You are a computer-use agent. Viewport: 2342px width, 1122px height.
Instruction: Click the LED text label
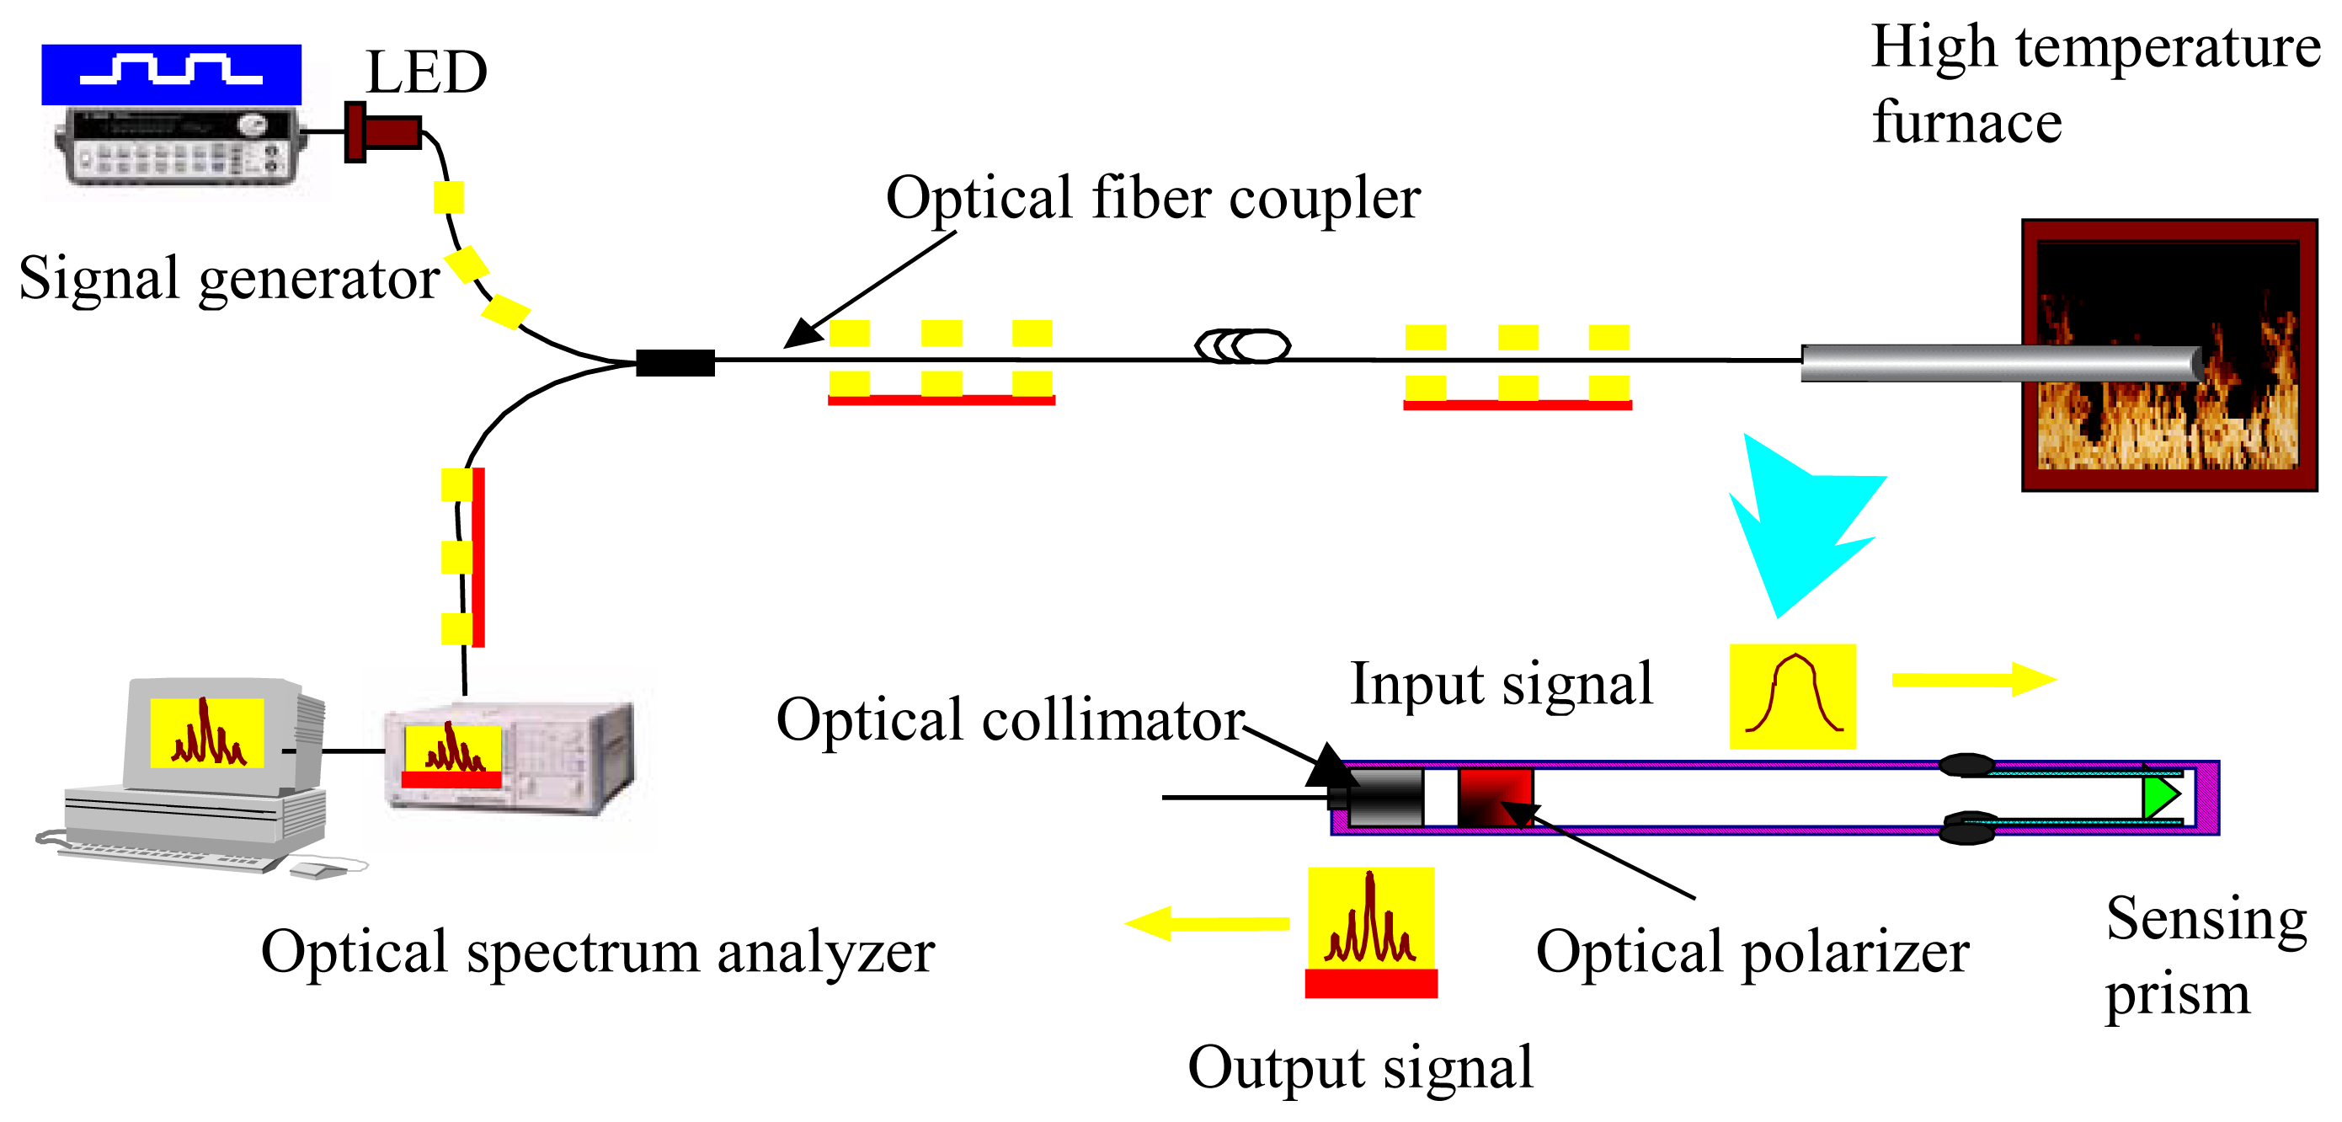pyautogui.click(x=425, y=72)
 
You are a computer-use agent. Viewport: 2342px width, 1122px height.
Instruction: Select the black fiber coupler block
pyautogui.click(x=675, y=363)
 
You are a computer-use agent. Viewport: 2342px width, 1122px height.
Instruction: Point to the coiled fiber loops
pyautogui.click(x=1242, y=345)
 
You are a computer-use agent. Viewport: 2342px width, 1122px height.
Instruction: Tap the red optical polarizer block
pyautogui.click(x=1495, y=797)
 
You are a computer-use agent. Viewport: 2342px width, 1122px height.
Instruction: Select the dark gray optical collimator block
pyautogui.click(x=1384, y=797)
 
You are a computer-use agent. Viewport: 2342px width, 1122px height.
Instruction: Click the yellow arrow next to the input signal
pyautogui.click(x=1973, y=679)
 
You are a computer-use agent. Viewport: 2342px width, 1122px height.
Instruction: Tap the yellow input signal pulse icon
pyautogui.click(x=1792, y=697)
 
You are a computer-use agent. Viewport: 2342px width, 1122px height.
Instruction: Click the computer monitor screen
pyautogui.click(x=206, y=733)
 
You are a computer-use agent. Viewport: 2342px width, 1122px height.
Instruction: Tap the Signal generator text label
pyautogui.click(x=229, y=278)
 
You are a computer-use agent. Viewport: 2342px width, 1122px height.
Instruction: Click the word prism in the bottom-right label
pyautogui.click(x=2178, y=995)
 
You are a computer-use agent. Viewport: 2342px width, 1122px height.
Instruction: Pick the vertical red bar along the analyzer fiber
pyautogui.click(x=478, y=557)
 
